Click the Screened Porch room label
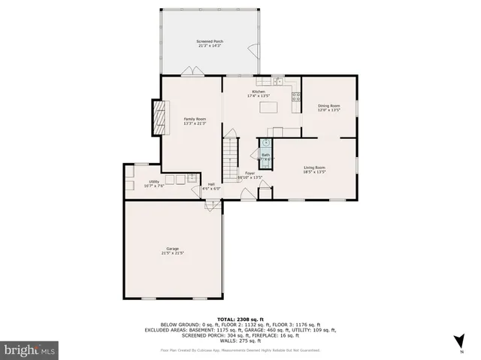pyautogui.click(x=210, y=44)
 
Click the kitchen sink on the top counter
pyautogui.click(x=277, y=80)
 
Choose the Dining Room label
pyautogui.click(x=329, y=108)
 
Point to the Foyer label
pyautogui.click(x=250, y=174)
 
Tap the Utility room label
pyautogui.click(x=153, y=183)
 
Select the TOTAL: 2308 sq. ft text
pyautogui.click(x=240, y=319)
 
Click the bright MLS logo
pyautogui.click(x=30, y=350)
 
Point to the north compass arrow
pyautogui.click(x=460, y=341)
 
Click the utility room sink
pyautogui.click(x=192, y=177)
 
